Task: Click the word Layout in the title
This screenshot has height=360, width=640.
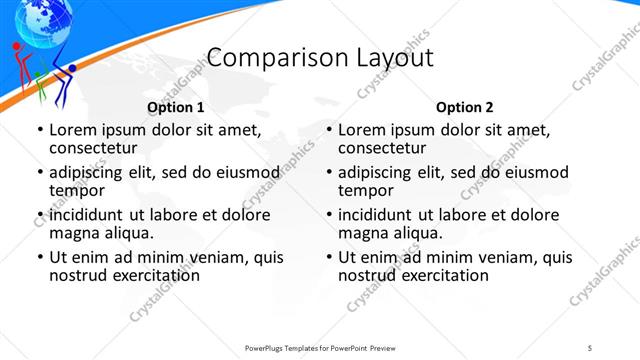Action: pos(395,58)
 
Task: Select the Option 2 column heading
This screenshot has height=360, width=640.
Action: pos(465,107)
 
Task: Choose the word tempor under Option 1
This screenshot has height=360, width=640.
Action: pos(77,190)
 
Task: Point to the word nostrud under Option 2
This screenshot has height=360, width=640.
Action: pos(369,276)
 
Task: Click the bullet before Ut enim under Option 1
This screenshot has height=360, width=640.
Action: pos(39,258)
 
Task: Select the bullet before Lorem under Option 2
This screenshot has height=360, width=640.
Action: pos(328,130)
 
